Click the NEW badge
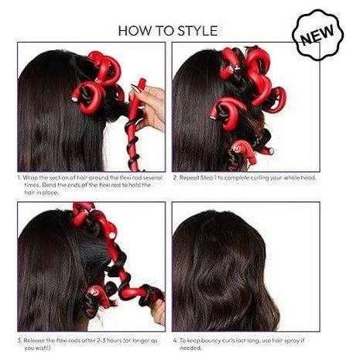[316, 34]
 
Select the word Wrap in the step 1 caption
[31, 178]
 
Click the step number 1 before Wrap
[18, 178]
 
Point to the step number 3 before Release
[18, 339]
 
